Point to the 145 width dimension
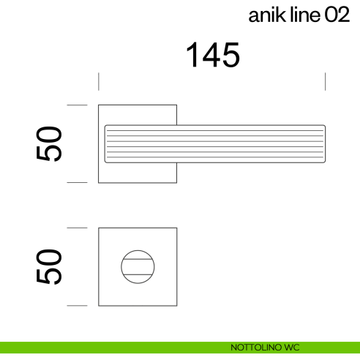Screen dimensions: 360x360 pyautogui.click(x=212, y=55)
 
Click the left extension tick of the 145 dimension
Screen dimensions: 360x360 pyautogui.click(x=99, y=80)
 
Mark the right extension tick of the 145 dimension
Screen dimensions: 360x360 pyautogui.click(x=326, y=80)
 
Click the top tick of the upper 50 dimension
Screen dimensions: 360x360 pyautogui.click(x=77, y=105)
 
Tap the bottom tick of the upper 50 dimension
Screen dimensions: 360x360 pyautogui.click(x=77, y=182)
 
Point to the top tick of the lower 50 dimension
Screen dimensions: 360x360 pyautogui.click(x=77, y=228)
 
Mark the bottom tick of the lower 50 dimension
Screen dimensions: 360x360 pyautogui.click(x=77, y=305)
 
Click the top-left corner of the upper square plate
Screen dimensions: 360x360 pyautogui.click(x=100, y=105)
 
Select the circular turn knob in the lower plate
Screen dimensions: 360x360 pyautogui.click(x=138, y=266)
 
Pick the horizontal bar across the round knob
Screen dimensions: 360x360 pyautogui.click(x=138, y=266)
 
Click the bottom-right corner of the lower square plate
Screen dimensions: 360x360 pyautogui.click(x=176, y=305)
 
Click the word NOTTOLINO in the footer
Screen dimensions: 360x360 pyautogui.click(x=252, y=348)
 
